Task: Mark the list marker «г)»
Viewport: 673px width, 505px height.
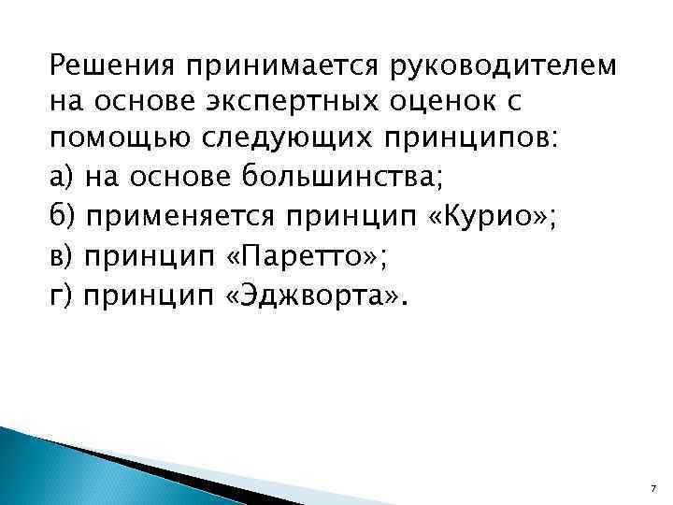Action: [61, 298]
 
